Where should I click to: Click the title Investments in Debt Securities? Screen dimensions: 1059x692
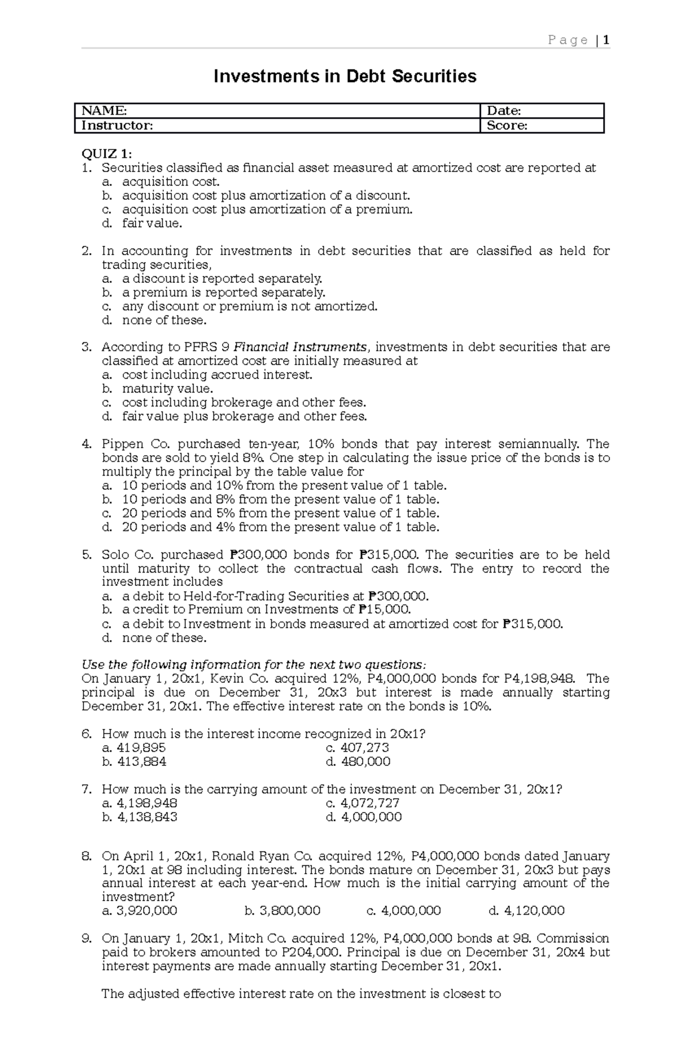pyautogui.click(x=345, y=76)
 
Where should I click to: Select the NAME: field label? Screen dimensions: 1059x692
pyautogui.click(x=104, y=111)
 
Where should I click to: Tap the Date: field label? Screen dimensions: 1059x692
pyautogui.click(x=504, y=111)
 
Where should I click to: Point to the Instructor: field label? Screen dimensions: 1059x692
pyautogui.click(x=117, y=125)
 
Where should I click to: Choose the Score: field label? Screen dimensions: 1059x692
pyautogui.click(x=507, y=125)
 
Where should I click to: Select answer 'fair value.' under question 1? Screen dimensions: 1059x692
pyautogui.click(x=152, y=223)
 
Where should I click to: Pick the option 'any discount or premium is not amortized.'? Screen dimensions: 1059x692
pyautogui.click(x=249, y=306)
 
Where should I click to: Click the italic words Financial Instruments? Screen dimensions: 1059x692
pyautogui.click(x=300, y=347)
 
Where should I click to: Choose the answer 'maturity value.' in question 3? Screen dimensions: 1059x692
pyautogui.click(x=167, y=389)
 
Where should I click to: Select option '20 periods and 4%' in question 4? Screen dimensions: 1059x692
pyautogui.click(x=280, y=527)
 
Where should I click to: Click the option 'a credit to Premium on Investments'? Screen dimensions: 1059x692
pyautogui.click(x=266, y=610)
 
